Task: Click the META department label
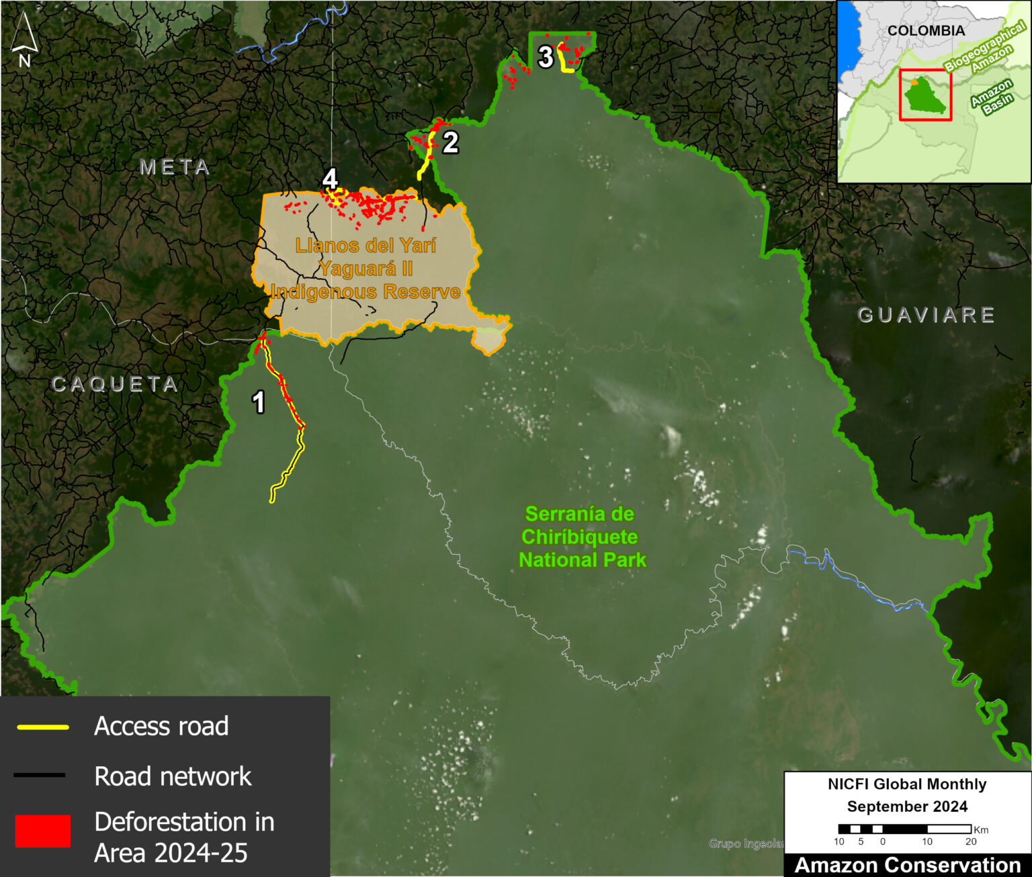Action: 175,167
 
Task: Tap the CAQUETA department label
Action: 115,384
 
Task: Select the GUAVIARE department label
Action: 927,315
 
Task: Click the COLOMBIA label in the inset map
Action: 926,31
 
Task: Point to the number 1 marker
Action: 258,402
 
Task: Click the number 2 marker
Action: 450,142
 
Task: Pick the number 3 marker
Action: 546,57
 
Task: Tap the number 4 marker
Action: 330,179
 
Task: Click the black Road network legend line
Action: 40,776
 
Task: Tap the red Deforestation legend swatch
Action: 43,831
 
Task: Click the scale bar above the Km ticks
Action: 904,829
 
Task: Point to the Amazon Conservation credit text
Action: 907,865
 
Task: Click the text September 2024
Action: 907,806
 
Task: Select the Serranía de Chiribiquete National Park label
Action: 582,537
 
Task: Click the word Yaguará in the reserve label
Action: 365,269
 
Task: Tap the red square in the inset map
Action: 925,95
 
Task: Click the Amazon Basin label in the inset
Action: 992,97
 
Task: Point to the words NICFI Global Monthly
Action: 907,784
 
